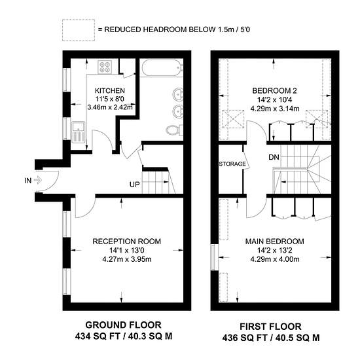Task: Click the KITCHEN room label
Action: tap(110, 91)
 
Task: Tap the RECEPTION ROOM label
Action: tap(127, 242)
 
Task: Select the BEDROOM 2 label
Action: tap(275, 91)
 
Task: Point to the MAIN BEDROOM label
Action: tap(275, 242)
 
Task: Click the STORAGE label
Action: tap(232, 164)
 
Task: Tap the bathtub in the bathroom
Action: tap(162, 67)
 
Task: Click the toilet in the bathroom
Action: tap(174, 130)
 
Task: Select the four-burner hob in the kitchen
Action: tap(105, 67)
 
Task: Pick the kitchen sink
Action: tap(79, 132)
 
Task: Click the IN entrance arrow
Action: tap(38, 180)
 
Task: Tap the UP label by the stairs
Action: tap(135, 185)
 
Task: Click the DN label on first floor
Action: tap(274, 157)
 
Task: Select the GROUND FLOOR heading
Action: tap(123, 325)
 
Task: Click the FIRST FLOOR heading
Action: tap(271, 327)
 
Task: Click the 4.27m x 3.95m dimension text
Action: tap(127, 259)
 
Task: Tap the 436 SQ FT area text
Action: tap(245, 338)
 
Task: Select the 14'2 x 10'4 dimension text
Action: tap(275, 100)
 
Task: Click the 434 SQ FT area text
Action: tap(98, 336)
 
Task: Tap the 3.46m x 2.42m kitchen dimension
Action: tap(110, 107)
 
